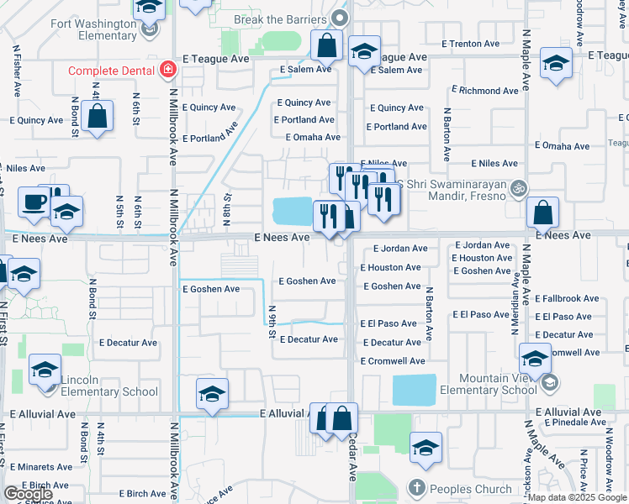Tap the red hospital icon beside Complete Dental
tap(168, 69)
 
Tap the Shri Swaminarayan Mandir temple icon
tap(521, 188)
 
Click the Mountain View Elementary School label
tap(489, 384)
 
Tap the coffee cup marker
tap(34, 202)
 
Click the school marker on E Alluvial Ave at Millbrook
tap(213, 393)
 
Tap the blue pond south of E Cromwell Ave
tap(414, 390)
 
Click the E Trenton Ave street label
tap(470, 43)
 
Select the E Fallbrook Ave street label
tap(567, 298)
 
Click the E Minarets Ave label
tap(41, 467)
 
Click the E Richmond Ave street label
tap(485, 90)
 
